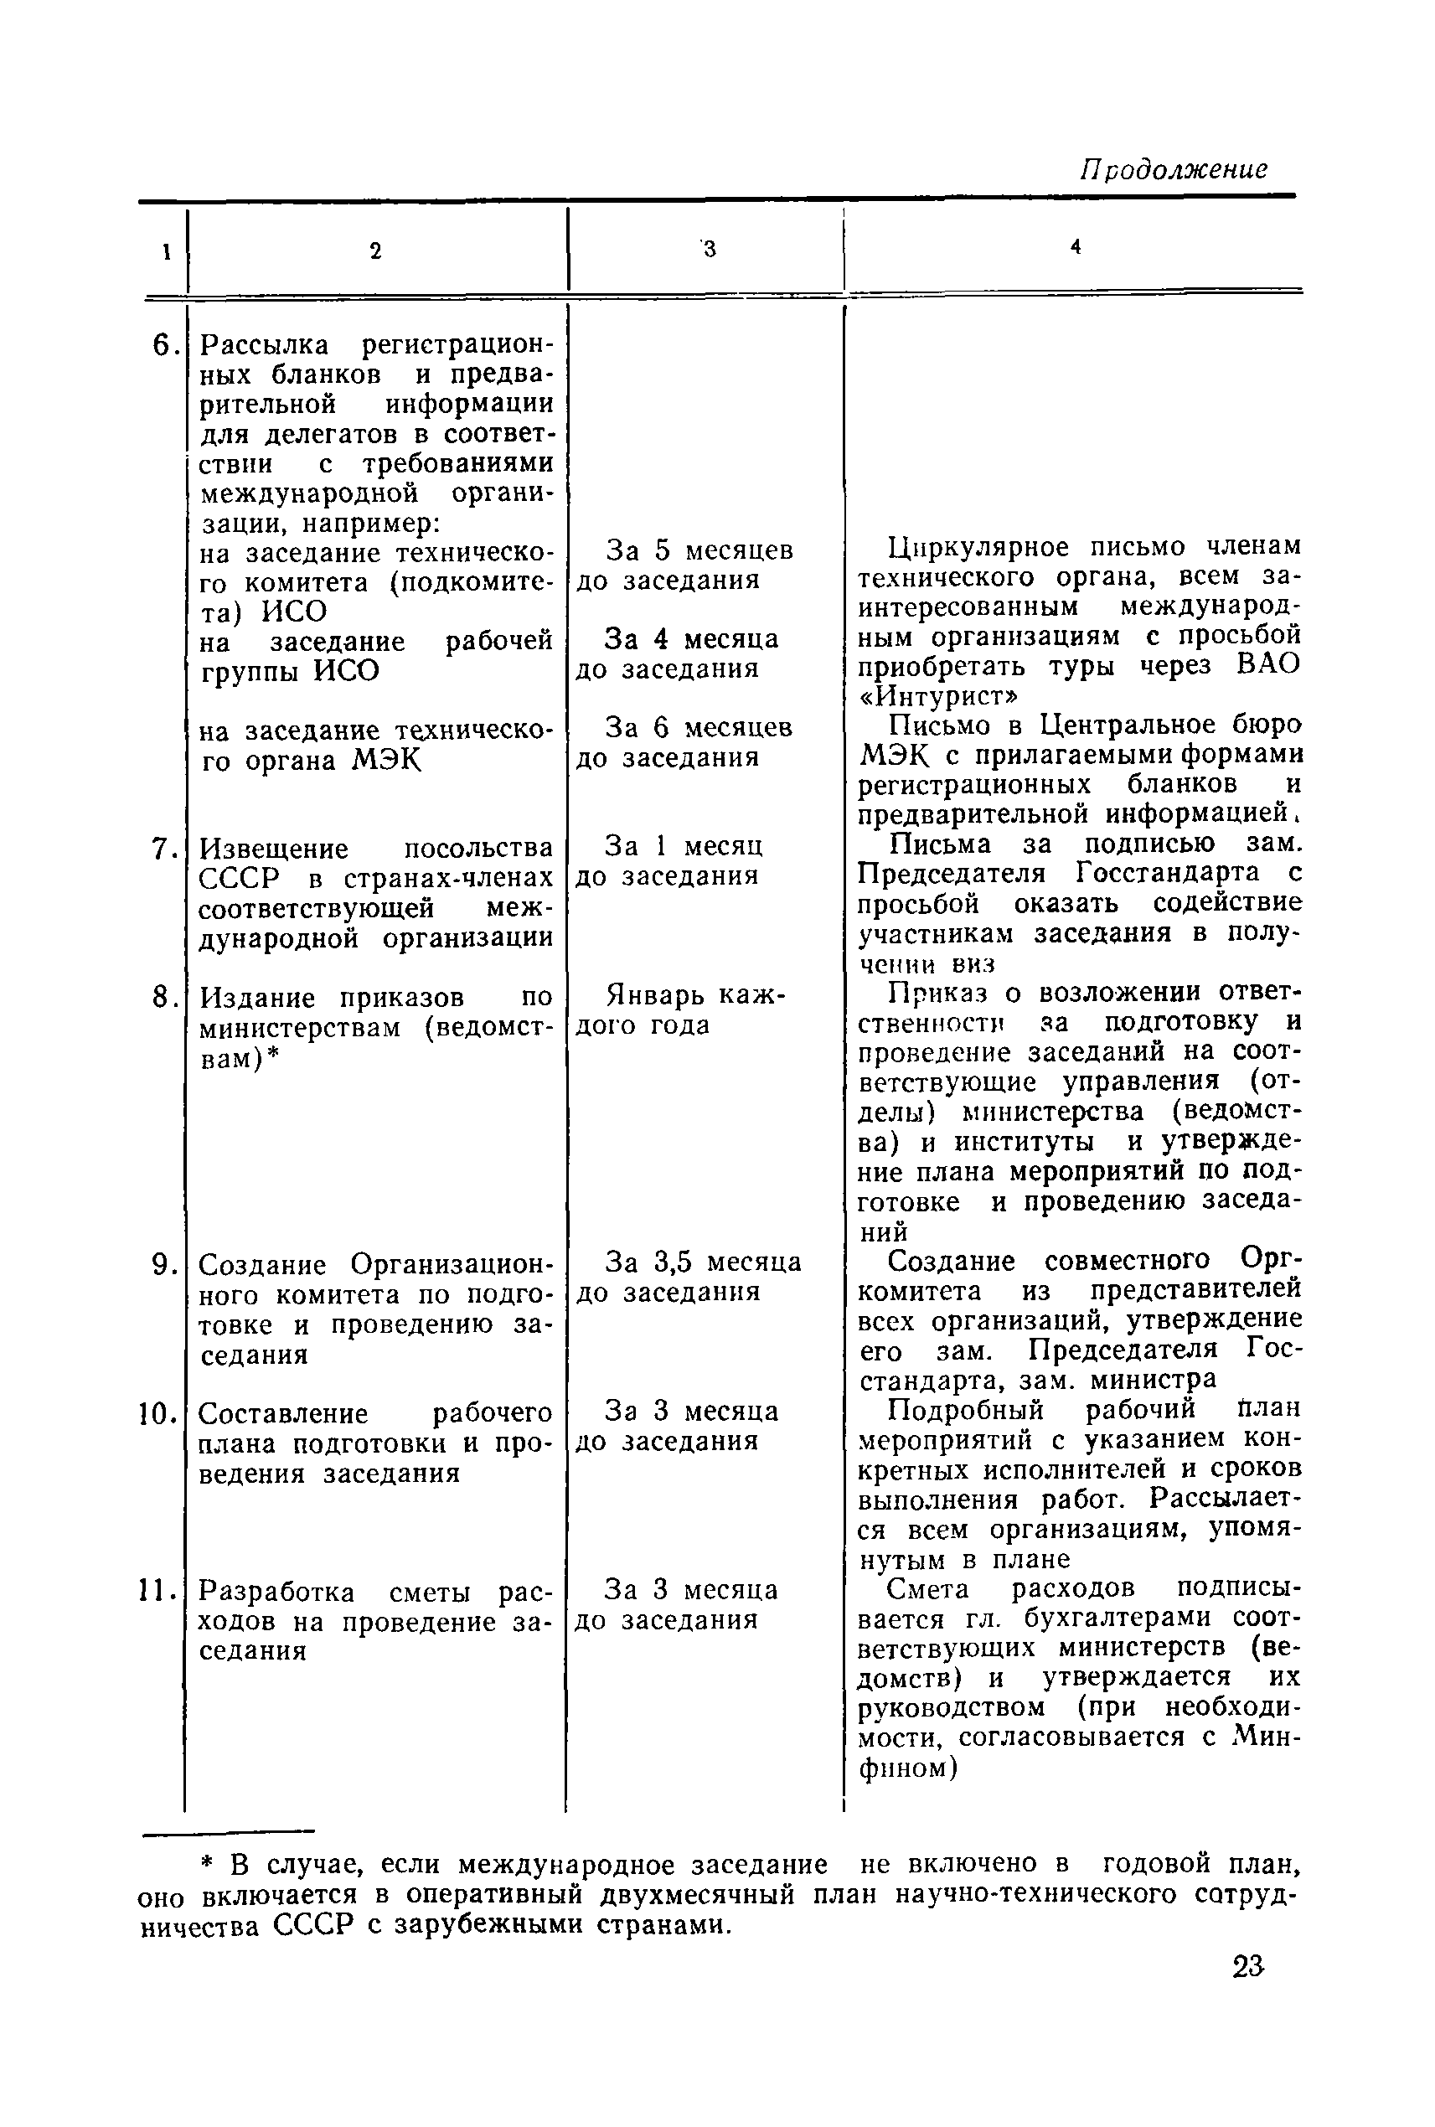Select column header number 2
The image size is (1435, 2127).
[375, 250]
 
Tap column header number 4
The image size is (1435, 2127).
[1076, 246]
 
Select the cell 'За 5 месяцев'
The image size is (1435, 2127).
[699, 550]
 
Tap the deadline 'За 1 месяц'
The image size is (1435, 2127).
[684, 844]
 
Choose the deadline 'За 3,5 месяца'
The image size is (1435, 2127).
[703, 1262]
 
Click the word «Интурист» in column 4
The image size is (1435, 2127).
[938, 695]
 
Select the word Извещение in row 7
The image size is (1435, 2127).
[274, 849]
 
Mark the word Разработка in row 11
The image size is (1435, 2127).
[276, 1593]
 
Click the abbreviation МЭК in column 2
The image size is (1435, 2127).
[386, 760]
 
